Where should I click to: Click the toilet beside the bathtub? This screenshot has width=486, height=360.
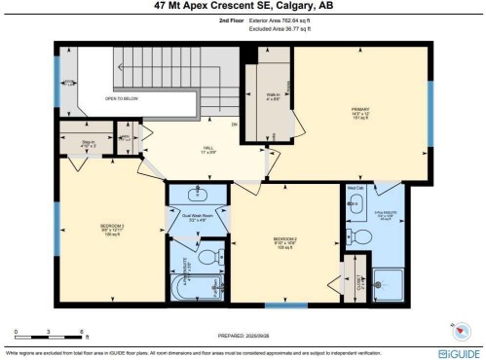(x=206, y=258)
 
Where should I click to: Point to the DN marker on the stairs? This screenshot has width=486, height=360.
(x=235, y=125)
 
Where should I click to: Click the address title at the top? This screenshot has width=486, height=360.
(x=243, y=6)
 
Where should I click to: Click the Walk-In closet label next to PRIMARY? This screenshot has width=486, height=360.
(x=274, y=95)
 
